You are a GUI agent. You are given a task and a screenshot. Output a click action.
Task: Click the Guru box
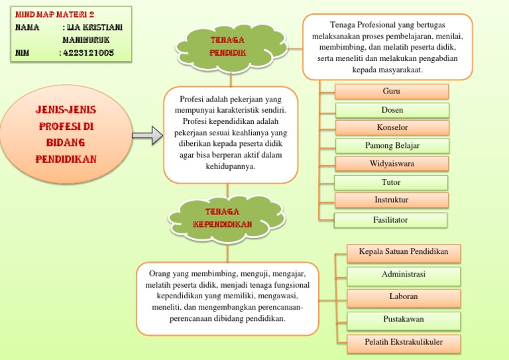392,91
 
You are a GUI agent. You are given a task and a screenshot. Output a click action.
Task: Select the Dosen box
392,110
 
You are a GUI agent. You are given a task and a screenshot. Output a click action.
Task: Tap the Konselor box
392,127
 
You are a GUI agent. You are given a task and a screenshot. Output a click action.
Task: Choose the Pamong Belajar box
392,146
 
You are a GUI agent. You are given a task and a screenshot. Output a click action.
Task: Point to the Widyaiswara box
392,164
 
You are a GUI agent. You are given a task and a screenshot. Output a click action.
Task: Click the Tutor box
391,182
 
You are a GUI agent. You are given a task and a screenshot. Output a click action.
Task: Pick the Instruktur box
391,200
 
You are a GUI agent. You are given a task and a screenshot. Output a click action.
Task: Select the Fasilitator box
390,220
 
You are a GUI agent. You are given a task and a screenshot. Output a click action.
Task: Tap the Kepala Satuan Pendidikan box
404,253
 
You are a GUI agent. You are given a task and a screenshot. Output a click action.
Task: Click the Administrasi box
404,275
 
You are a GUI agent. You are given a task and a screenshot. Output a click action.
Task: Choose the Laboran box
404,297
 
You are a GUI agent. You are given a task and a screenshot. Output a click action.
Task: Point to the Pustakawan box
404,320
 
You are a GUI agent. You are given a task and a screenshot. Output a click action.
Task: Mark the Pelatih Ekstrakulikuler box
404,343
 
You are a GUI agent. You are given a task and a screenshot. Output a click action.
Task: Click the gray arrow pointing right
146,136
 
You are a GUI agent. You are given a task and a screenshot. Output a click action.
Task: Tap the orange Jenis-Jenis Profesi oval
66,135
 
